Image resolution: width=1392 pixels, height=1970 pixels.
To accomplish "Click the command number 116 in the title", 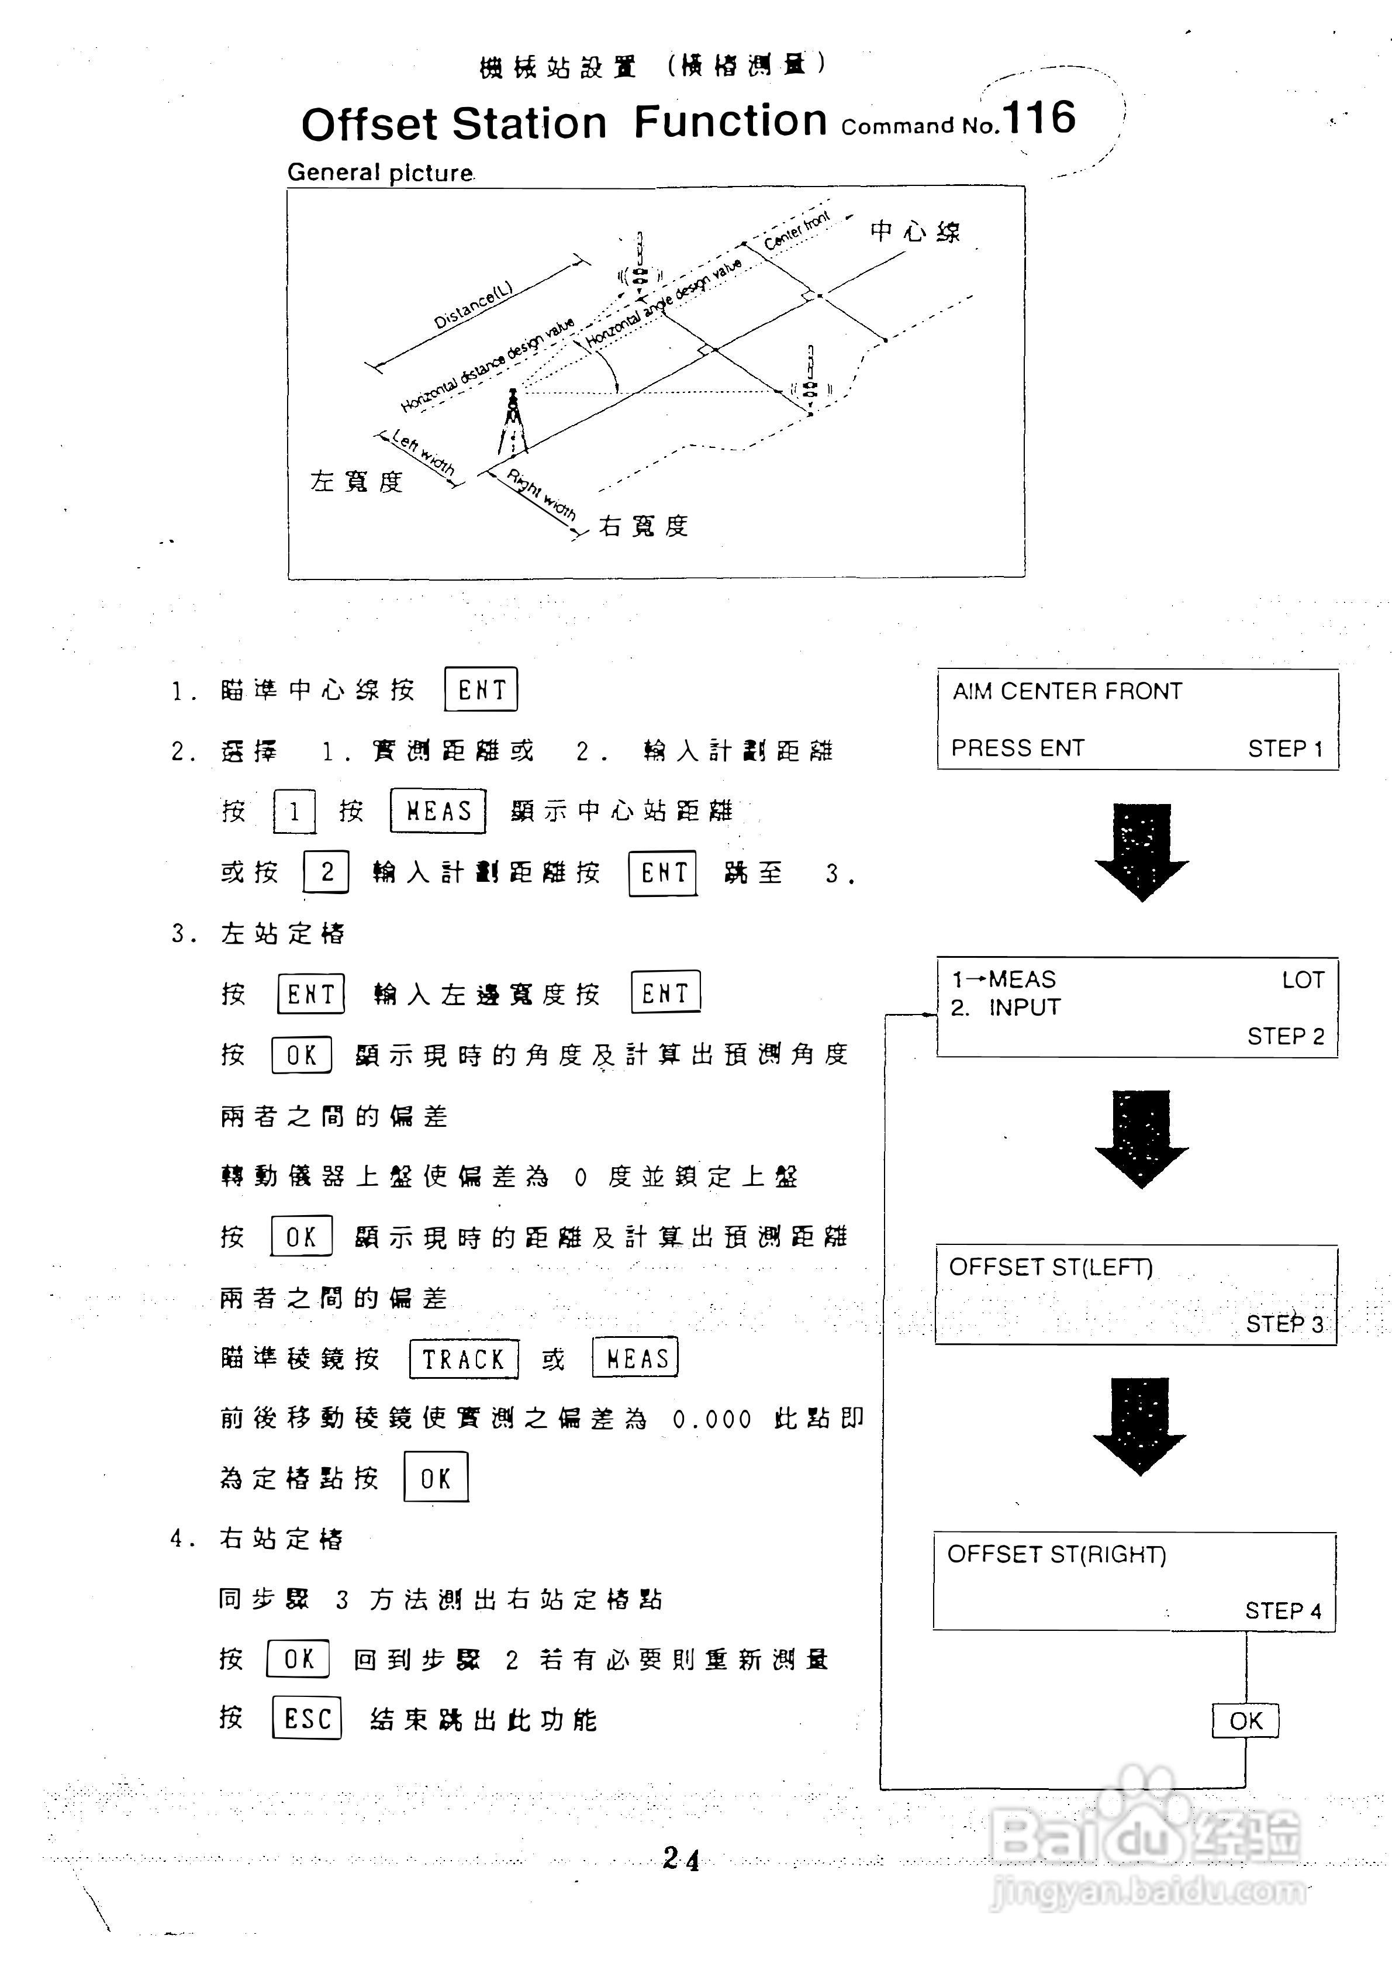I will (x=1039, y=118).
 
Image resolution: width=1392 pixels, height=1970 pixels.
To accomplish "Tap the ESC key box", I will (x=307, y=1718).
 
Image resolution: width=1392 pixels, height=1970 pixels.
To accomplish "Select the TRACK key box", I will (x=464, y=1359).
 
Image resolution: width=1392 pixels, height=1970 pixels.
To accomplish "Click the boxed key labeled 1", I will (x=294, y=812).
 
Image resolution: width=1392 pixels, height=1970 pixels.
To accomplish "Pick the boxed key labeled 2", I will (x=326, y=872).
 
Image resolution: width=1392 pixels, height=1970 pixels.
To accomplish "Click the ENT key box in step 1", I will (x=481, y=690).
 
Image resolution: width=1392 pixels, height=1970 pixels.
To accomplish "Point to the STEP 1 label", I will (x=1285, y=749).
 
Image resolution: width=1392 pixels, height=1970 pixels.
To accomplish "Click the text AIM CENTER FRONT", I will (x=1067, y=692).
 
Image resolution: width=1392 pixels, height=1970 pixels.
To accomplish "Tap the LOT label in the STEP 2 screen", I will (x=1303, y=980).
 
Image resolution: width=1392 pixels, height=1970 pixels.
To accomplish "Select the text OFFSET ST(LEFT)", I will (x=1051, y=1267).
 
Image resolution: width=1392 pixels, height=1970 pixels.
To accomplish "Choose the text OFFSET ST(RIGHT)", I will (x=1056, y=1555).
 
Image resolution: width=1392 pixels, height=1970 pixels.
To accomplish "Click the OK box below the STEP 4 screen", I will (x=1245, y=1721).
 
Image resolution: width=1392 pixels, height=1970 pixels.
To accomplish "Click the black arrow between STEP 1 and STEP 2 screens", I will (x=1142, y=851).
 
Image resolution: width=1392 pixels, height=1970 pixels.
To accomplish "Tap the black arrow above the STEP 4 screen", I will (x=1140, y=1426).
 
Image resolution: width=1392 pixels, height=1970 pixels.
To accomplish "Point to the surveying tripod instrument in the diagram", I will (x=513, y=422).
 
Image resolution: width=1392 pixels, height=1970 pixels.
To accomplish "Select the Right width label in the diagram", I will (x=540, y=494).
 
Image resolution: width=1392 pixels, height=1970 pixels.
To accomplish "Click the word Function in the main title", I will (x=730, y=121).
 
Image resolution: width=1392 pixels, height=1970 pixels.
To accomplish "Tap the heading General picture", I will (x=380, y=172).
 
